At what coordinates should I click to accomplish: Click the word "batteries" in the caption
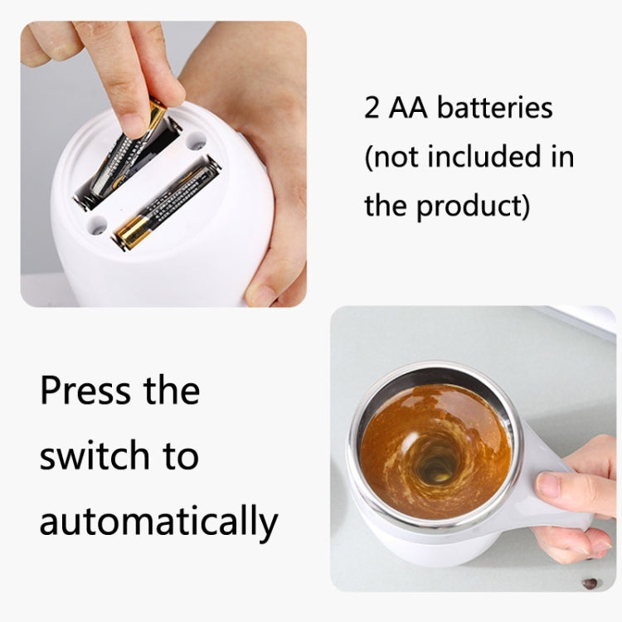[x=494, y=109]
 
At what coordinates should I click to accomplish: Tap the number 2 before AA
[x=372, y=109]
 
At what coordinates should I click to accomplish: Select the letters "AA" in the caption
[x=407, y=109]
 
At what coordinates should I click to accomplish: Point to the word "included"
[x=482, y=157]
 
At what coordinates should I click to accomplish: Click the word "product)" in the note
[x=471, y=206]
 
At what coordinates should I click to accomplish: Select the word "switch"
[x=95, y=455]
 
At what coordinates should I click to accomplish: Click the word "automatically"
[x=158, y=522]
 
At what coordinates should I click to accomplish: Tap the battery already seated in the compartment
[x=166, y=203]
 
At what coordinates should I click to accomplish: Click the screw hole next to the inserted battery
[x=196, y=142]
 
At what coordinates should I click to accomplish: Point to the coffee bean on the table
[x=590, y=583]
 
